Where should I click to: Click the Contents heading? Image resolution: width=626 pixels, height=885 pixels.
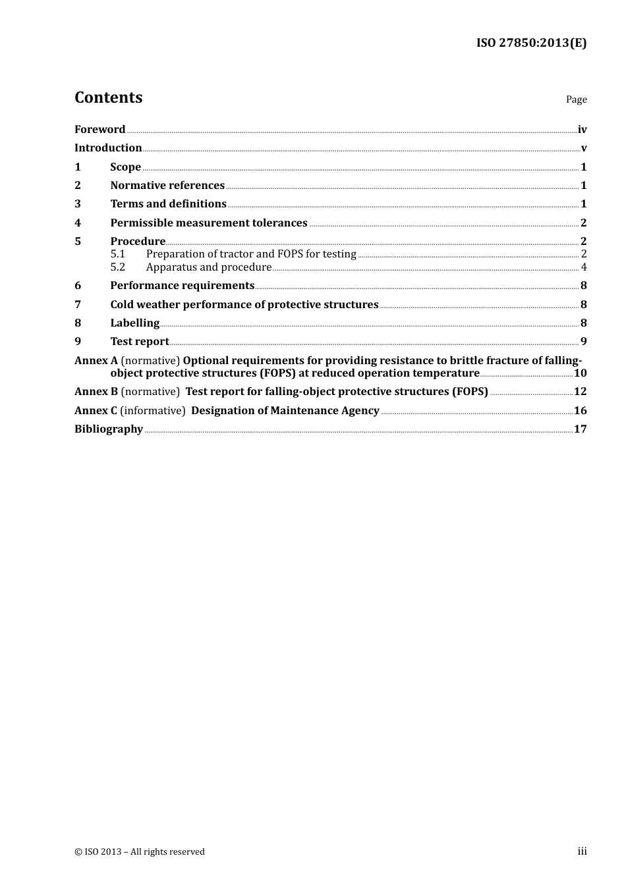108,97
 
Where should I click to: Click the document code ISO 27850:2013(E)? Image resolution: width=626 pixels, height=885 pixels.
531,43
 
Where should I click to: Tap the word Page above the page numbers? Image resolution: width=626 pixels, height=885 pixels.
576,99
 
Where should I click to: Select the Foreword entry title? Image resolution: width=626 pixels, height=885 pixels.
100,129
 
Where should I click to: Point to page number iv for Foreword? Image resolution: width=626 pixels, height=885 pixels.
582,130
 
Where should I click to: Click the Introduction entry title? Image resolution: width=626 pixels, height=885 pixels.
108,147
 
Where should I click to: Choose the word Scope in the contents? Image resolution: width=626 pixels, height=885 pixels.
125,167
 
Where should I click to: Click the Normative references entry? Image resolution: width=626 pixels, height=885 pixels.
167,185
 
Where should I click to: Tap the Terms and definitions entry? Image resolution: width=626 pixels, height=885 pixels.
168,203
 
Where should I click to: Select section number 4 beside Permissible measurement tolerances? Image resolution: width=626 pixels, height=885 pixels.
78,223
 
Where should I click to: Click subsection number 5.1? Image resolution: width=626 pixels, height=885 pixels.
117,254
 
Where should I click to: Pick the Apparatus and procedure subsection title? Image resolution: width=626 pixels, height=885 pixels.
208,267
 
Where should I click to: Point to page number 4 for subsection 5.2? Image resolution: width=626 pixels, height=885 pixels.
584,267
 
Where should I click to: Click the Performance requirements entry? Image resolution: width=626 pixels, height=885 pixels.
182,285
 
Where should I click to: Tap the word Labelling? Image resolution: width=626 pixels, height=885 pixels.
134,323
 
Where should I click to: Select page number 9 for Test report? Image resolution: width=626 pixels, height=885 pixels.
584,341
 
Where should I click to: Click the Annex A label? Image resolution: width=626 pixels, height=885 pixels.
96,360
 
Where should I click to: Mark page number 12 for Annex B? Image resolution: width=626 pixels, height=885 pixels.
580,391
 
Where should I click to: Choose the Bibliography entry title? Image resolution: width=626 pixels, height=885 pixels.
109,429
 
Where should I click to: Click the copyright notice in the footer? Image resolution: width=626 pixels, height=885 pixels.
140,851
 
